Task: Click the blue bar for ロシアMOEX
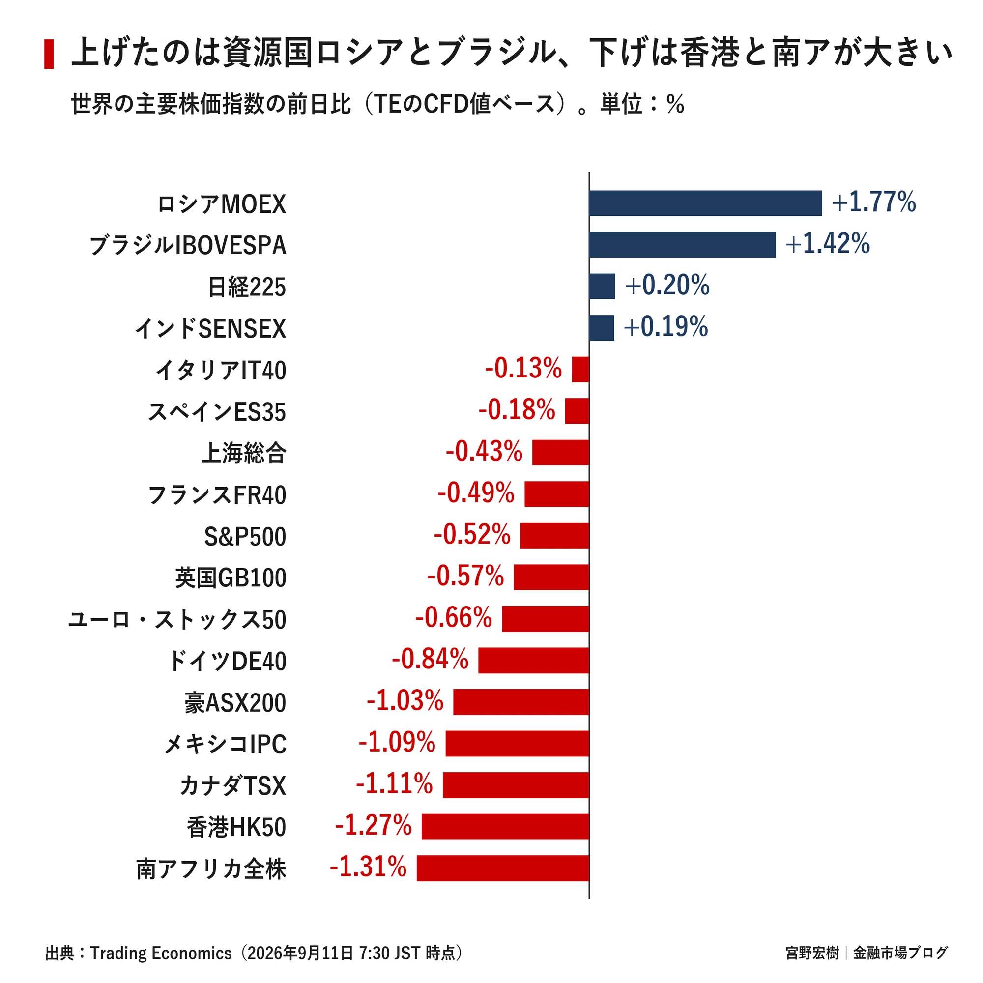pos(705,203)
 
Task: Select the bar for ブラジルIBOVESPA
pos(682,245)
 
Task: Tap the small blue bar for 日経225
pos(602,286)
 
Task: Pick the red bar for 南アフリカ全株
pos(503,868)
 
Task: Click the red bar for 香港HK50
pos(505,826)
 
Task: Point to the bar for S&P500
pos(554,535)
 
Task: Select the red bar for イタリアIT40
pos(580,369)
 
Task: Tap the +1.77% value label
pos(873,202)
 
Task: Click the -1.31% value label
pos(368,867)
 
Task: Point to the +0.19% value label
pos(666,327)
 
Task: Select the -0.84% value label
pos(430,659)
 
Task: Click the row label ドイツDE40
pos(228,661)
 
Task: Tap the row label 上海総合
pos(244,453)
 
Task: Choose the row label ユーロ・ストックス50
pos(177,620)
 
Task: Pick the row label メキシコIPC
pos(225,744)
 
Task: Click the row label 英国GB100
pos(231,578)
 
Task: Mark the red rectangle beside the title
pos(49,54)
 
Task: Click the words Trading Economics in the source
pos(161,953)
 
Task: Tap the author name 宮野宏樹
pos(812,953)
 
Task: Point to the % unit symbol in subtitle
pos(675,104)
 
